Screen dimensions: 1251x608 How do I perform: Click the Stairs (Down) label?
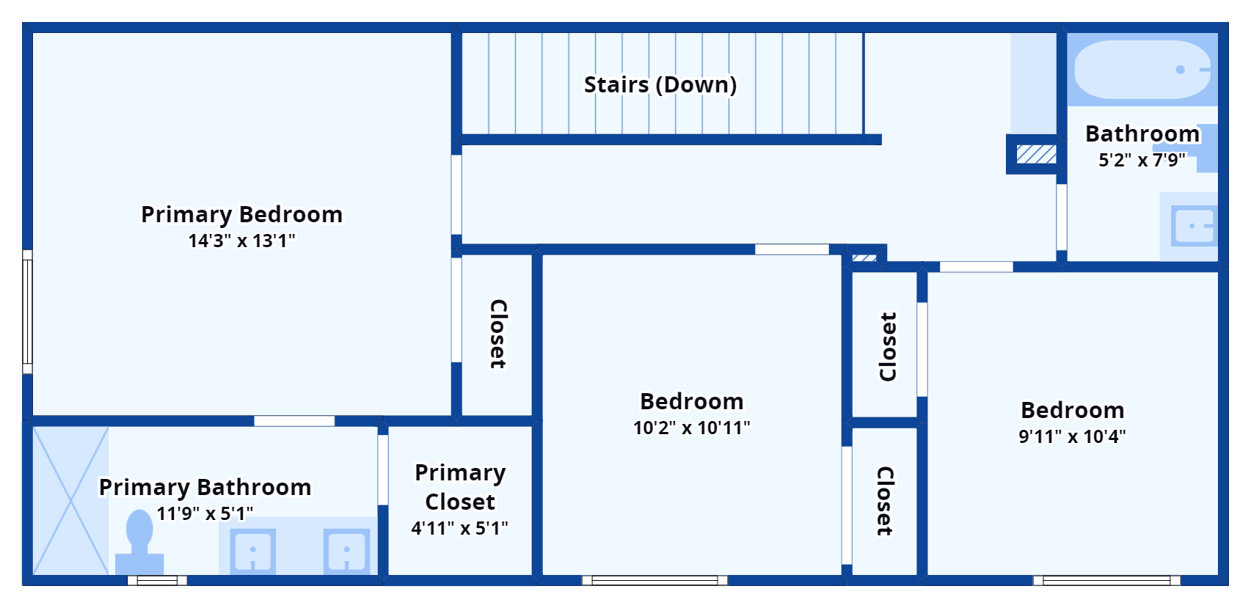coord(660,85)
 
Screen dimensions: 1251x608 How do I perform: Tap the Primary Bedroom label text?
coord(242,214)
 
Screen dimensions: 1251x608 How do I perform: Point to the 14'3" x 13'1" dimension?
coord(241,241)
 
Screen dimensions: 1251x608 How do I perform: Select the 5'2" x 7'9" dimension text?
coord(1142,160)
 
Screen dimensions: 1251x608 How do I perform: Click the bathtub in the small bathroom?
coord(1142,70)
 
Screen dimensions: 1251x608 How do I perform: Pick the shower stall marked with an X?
coord(70,501)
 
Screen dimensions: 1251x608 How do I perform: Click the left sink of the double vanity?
coord(253,551)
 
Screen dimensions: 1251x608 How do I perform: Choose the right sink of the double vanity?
coord(347,551)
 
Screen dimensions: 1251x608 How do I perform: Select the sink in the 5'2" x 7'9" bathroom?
coord(1194,226)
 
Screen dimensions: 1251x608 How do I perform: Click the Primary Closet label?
coord(460,487)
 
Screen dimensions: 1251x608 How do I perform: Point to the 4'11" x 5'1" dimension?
coord(459,528)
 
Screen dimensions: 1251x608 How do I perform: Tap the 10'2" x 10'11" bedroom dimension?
coord(691,428)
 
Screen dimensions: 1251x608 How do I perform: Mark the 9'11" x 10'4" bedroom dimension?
coord(1072,436)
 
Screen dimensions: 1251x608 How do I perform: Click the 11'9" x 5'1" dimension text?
coord(205,513)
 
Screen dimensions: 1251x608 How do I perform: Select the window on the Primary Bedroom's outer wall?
coord(27,312)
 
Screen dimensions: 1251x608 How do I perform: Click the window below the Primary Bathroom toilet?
coord(157,581)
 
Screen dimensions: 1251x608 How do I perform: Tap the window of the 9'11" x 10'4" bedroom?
coord(1106,581)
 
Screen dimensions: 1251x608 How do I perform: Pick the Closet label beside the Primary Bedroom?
coord(498,334)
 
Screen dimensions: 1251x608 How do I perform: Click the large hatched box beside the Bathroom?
coord(1037,154)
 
